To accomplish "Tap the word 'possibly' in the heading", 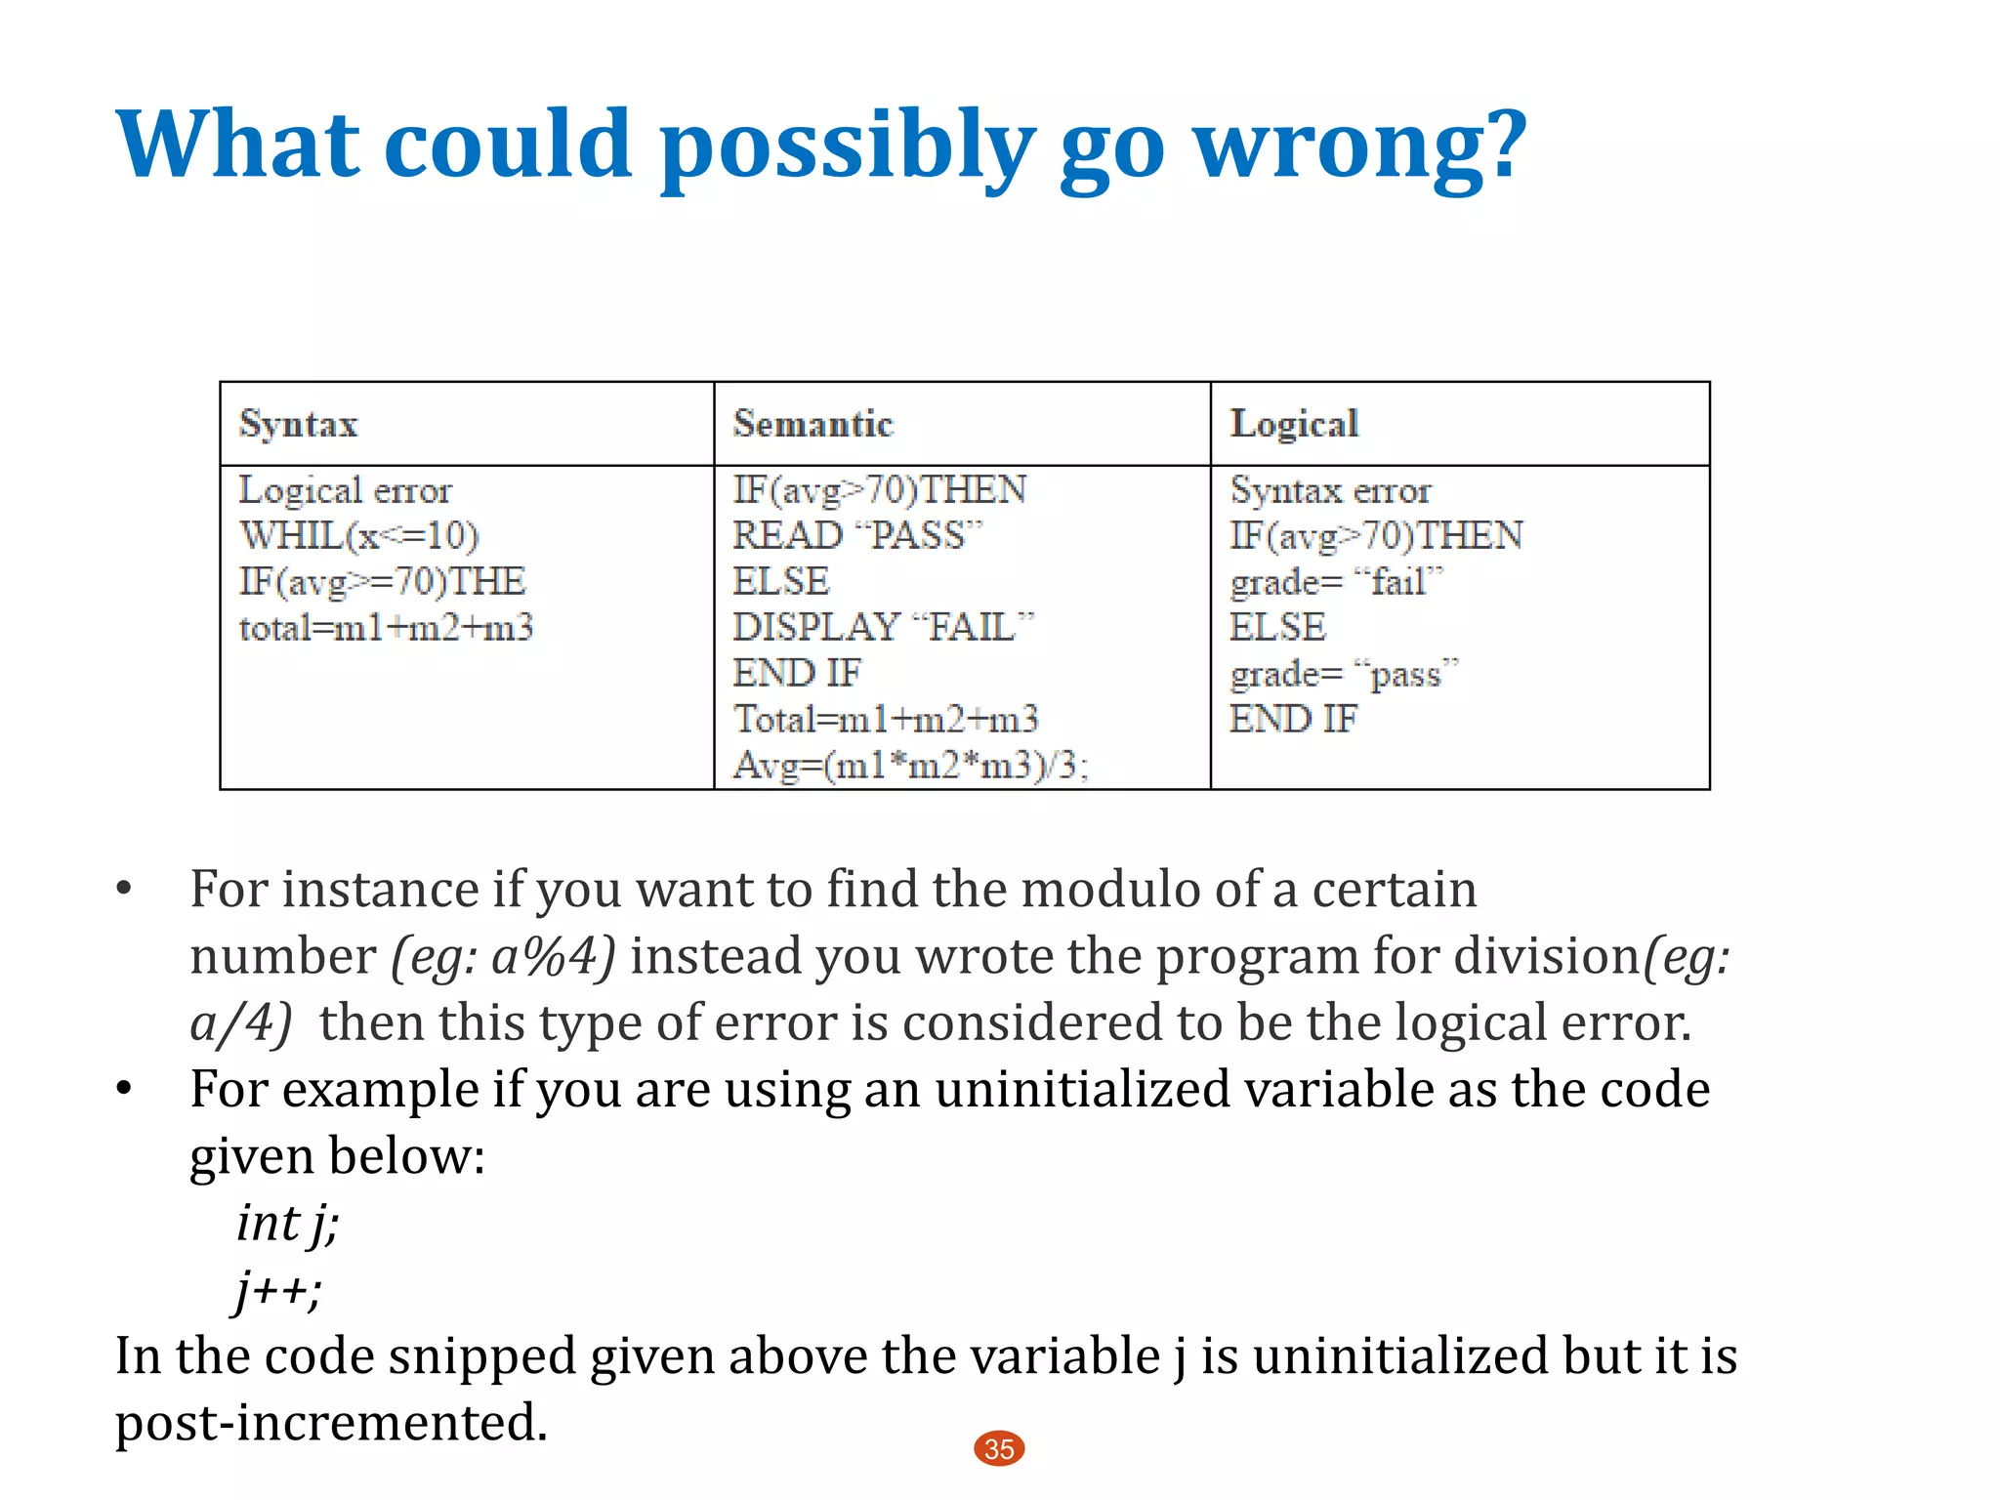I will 847,146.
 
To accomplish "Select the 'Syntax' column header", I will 299,424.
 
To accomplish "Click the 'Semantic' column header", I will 813,424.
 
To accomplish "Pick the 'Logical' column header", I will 1294,424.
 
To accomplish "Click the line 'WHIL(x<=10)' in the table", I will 359,535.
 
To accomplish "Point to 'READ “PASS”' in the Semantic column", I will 857,535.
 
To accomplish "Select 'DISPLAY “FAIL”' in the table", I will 883,627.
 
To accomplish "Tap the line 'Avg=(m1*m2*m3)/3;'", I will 910,765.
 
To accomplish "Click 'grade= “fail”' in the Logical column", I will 1335,582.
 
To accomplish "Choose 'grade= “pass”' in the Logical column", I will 1344,674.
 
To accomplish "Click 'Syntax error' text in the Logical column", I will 1330,490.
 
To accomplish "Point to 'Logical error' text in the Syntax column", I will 346,490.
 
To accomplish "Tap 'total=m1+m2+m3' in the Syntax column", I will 387,627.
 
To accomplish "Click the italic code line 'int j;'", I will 288,1223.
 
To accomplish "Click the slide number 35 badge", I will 999,1449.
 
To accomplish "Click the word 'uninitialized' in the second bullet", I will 1082,1089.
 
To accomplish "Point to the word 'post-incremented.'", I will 332,1422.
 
